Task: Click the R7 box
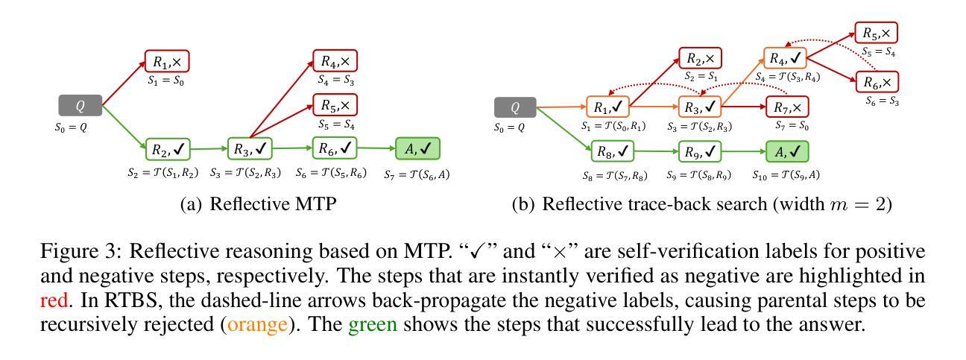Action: click(x=785, y=107)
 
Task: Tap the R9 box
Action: click(x=700, y=152)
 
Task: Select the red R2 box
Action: click(x=700, y=57)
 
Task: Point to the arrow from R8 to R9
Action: click(x=657, y=152)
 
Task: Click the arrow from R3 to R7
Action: click(x=744, y=107)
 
